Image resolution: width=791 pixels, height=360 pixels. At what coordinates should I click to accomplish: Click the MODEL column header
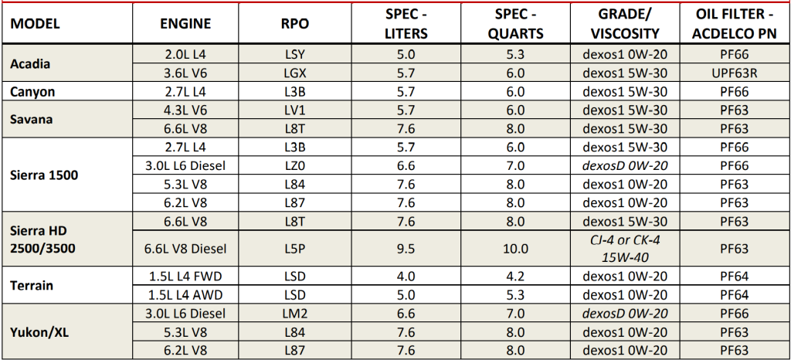coord(35,24)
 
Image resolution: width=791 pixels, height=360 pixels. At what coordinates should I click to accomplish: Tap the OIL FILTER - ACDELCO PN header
coord(737,24)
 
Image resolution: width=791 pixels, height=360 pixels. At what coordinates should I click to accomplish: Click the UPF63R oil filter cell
coord(737,73)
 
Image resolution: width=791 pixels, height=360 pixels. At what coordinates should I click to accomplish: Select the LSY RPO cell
coord(294,54)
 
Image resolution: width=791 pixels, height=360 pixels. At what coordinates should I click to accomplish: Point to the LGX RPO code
coord(294,73)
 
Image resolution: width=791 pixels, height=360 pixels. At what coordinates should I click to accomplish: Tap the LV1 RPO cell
coord(294,110)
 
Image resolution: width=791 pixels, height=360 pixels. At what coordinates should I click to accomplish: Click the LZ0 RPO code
coord(294,165)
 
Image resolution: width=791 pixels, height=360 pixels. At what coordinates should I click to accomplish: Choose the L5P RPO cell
coord(294,249)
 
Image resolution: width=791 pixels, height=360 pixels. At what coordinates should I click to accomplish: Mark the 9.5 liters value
coord(406,249)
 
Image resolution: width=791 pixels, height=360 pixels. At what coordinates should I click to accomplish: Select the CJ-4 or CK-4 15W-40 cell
coord(625,249)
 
